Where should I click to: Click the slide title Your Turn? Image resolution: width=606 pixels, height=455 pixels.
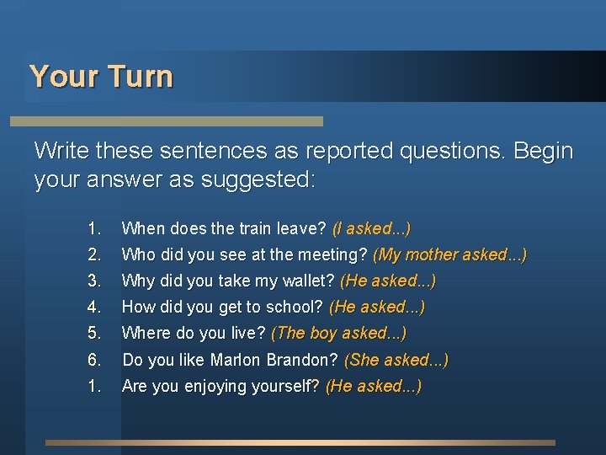[101, 77]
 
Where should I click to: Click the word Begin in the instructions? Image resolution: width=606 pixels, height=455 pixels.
[540, 152]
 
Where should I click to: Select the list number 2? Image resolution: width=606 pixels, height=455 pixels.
[94, 254]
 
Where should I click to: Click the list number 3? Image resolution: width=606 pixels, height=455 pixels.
[94, 281]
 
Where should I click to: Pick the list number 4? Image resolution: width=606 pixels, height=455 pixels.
[94, 307]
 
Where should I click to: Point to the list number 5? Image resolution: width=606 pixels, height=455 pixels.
[94, 333]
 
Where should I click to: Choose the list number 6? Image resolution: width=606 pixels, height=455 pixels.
[94, 360]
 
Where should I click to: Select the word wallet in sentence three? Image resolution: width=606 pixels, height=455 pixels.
[309, 281]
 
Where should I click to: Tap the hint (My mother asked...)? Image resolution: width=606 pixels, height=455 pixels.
[449, 254]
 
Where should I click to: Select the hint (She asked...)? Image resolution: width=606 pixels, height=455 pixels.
[396, 360]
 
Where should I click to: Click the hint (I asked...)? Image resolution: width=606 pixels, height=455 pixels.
[371, 228]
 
